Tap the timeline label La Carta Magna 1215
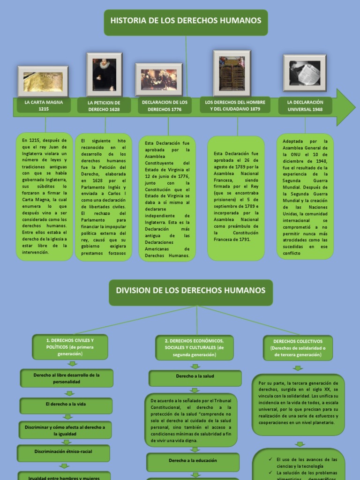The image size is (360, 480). (44, 105)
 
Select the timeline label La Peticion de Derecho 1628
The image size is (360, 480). (104, 106)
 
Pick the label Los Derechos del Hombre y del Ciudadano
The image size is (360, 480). (235, 105)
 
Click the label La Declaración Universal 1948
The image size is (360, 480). (305, 105)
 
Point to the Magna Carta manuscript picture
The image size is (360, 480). (43, 82)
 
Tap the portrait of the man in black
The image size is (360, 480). (104, 75)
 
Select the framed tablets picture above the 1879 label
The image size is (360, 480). (232, 73)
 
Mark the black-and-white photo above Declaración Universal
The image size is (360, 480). (305, 73)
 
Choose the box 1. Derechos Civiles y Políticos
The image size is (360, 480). (70, 347)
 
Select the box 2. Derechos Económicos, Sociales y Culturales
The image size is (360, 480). (194, 347)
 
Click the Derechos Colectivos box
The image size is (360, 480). (298, 348)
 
